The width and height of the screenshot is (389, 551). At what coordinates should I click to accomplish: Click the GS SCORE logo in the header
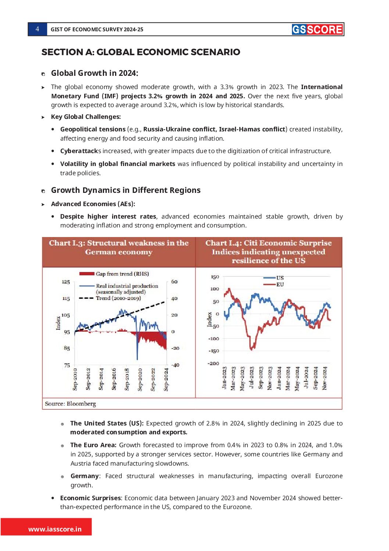click(x=317, y=29)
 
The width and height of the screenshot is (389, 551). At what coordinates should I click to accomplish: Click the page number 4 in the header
click(x=37, y=29)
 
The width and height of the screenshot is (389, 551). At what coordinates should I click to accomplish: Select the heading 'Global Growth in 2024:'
click(x=94, y=73)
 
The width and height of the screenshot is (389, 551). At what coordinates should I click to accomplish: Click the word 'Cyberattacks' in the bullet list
click(x=81, y=151)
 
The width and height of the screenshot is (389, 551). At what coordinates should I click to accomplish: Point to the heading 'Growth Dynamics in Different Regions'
click(x=126, y=190)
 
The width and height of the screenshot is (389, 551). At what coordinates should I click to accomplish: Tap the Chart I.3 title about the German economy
click(x=119, y=248)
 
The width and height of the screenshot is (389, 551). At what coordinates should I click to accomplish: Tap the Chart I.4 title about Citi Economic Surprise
click(x=268, y=252)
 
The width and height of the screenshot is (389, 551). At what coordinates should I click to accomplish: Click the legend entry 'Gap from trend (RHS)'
click(x=122, y=274)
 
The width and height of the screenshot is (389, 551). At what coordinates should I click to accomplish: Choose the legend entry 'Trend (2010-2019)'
click(x=118, y=298)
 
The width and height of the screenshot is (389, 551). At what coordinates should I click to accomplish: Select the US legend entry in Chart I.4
click(x=280, y=278)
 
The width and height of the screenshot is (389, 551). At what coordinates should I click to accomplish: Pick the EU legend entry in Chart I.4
click(x=280, y=285)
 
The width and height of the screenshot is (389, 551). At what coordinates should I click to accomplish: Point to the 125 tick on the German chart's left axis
click(x=66, y=282)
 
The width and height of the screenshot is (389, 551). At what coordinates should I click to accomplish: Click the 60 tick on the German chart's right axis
click(x=174, y=282)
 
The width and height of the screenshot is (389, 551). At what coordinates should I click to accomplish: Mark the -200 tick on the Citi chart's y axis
click(x=214, y=363)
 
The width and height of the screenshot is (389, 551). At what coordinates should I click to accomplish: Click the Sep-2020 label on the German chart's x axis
click(x=140, y=379)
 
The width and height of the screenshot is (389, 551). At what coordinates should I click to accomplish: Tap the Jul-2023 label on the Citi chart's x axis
click(x=252, y=378)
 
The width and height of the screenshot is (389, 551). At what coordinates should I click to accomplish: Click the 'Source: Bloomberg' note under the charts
click(x=70, y=404)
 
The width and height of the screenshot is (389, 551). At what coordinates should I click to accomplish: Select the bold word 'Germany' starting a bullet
click(x=85, y=476)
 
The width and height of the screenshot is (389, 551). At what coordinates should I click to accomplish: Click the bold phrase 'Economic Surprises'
click(x=90, y=498)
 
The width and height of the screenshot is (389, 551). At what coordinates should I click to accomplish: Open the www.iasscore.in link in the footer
click(x=55, y=529)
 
